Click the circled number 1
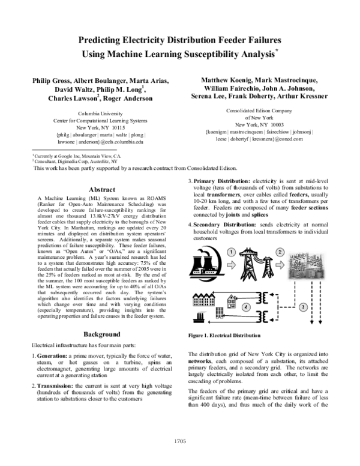pos(231,252)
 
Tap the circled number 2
pos(280,252)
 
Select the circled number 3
pos(304,307)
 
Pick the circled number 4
pos(245,307)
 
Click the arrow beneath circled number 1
pos(231,265)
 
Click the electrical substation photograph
pos(307,265)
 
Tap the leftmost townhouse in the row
pos(196,301)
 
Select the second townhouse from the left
pos(201,301)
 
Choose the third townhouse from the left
pos(206,301)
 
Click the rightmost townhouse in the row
pos(212,301)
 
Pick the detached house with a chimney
pos(232,302)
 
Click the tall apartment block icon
pos(220,312)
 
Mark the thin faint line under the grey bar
pos(199,321)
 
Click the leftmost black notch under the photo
pos(295,281)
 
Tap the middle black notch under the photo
pos(312,281)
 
